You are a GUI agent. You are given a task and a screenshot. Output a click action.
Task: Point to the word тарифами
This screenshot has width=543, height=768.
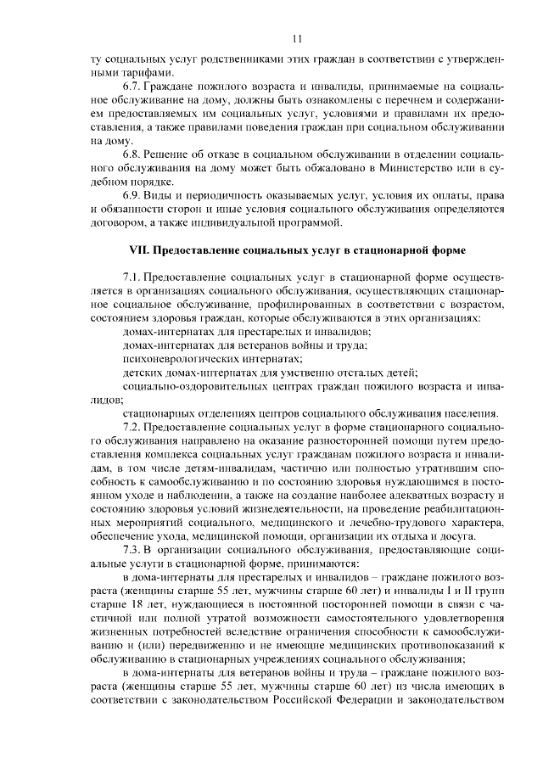click(127, 73)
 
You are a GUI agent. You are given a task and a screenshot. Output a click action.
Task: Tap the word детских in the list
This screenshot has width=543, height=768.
click(140, 373)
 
